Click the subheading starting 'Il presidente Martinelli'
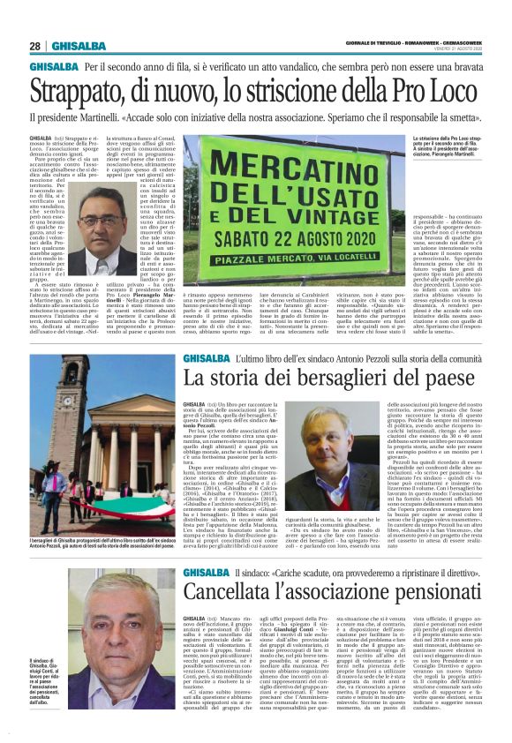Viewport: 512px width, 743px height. pos(256,117)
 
